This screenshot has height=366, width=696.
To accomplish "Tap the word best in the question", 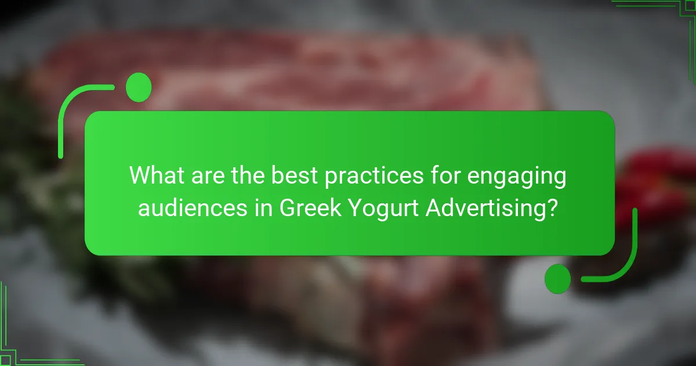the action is pos(294,175).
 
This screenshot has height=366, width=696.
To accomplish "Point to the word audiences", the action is pos(193,207).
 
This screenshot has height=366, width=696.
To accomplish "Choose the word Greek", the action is pos(310,207).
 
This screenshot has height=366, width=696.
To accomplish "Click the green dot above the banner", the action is pos(139,87).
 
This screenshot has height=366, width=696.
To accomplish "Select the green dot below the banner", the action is pos(558,279).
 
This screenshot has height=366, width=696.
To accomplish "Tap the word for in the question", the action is pos(445,175).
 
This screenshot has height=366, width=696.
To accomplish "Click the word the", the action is pos(248,175).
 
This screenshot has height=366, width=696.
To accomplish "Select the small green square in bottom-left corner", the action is pos(5,360).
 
